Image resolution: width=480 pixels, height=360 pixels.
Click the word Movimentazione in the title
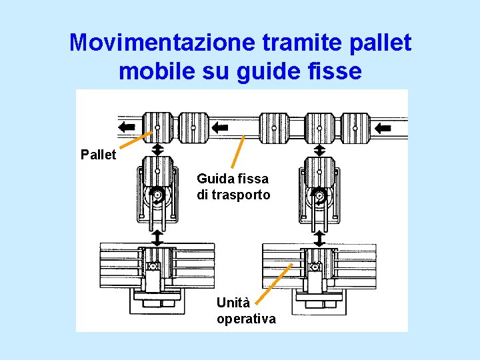click(163, 43)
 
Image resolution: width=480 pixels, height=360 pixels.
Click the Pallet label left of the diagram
click(98, 155)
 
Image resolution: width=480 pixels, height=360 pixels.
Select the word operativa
click(246, 319)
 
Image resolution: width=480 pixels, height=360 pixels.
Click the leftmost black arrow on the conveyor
click(126, 127)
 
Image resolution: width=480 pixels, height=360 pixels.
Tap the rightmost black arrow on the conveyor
click(383, 127)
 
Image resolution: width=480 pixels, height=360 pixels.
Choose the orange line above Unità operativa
click(275, 283)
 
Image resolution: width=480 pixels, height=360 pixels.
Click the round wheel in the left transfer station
click(157, 195)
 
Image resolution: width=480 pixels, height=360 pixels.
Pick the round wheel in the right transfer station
click(319, 195)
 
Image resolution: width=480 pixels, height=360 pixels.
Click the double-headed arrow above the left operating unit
click(157, 237)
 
